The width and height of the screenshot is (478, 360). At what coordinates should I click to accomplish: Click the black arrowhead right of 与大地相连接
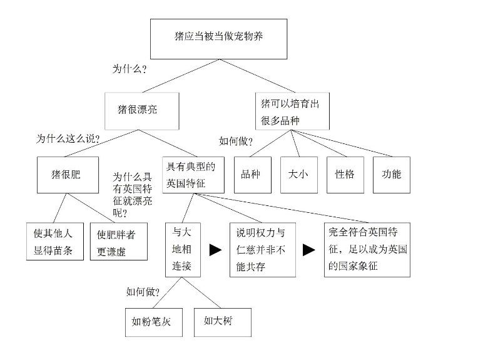pos(215,250)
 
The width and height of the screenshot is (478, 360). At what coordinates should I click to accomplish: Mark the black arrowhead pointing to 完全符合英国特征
pos(309,250)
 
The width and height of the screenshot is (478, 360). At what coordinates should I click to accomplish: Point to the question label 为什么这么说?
pos(68,139)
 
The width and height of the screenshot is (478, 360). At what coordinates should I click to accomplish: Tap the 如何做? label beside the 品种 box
pos(236,141)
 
